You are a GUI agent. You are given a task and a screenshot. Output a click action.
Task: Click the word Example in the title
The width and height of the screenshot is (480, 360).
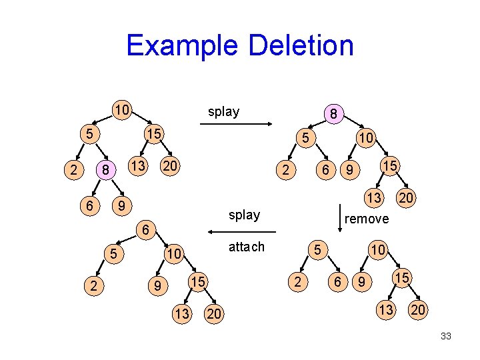(182, 46)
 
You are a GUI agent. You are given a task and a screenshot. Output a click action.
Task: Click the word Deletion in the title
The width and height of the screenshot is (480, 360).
(300, 46)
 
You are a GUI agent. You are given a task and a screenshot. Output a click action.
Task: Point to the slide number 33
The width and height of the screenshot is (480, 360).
(445, 337)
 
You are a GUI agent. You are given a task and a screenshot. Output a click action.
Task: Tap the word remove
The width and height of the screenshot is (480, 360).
(367, 219)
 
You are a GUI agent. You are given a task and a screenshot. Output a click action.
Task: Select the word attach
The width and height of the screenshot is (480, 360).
(246, 247)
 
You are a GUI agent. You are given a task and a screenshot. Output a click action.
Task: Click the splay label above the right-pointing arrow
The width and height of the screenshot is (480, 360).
(223, 111)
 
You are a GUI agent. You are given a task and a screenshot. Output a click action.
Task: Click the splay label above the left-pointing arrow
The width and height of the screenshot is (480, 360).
(244, 215)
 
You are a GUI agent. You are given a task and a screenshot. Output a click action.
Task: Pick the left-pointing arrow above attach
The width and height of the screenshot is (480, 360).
(241, 231)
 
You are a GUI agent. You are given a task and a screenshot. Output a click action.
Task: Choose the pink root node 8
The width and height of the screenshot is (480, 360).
(332, 114)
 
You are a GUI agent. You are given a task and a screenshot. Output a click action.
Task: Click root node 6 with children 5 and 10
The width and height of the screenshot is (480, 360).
(143, 230)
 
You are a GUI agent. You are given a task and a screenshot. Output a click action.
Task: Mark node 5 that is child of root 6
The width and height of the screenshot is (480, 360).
(114, 253)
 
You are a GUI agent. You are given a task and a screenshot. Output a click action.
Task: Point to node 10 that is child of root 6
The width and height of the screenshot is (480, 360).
(174, 255)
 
